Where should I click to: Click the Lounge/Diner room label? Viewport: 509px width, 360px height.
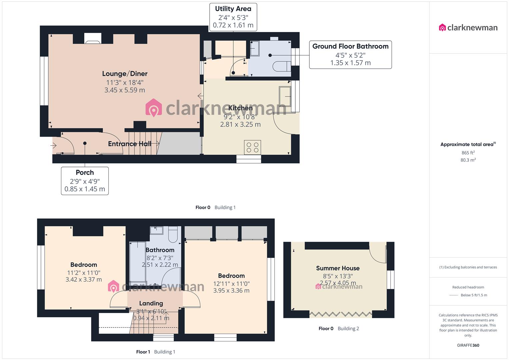tap(125, 74)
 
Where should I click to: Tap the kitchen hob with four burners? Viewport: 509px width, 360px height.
tap(252, 147)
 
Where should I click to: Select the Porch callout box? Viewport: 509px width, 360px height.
tap(85, 181)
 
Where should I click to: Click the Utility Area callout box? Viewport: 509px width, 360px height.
tap(233, 17)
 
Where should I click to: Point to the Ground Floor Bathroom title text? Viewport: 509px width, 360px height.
tap(350, 46)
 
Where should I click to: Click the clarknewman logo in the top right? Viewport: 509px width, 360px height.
tap(468, 28)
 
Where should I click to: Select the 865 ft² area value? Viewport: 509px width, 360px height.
tap(468, 153)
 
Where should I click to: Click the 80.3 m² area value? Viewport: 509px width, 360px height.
tap(468, 160)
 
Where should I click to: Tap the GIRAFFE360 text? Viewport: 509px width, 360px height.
tap(468, 345)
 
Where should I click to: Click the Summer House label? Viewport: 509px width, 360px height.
tap(338, 268)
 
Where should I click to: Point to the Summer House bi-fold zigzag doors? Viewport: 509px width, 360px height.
tap(341, 314)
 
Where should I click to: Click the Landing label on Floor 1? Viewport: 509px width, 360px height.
tap(151, 303)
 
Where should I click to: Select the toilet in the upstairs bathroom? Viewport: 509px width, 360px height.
tap(173, 234)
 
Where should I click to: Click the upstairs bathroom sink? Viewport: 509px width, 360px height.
tap(156, 230)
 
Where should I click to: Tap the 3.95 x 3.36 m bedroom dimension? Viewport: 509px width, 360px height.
tap(231, 290)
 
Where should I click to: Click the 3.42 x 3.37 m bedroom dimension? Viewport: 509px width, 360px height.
tap(84, 280)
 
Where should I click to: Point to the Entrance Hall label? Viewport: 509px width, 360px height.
tap(130, 144)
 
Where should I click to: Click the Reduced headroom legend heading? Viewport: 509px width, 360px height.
tap(468, 287)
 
